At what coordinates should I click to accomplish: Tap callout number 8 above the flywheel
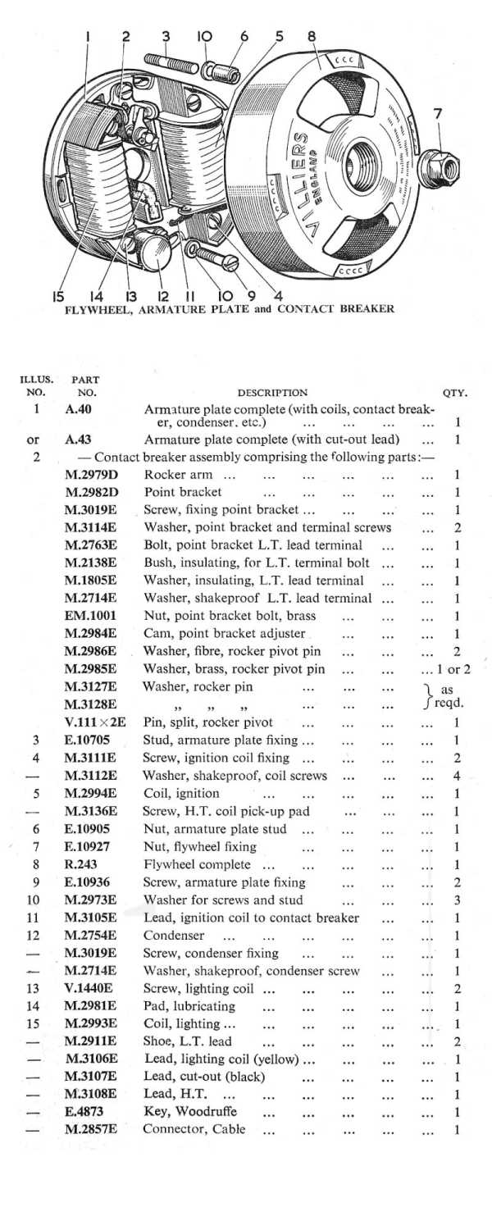tap(312, 36)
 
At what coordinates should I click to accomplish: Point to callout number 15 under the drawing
tap(58, 296)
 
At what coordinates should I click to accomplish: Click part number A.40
tap(78, 408)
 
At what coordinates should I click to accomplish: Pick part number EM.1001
tap(88, 615)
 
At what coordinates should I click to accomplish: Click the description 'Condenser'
tap(174, 935)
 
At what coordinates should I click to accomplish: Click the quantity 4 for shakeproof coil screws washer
tap(457, 776)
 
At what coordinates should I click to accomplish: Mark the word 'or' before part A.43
tap(34, 440)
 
